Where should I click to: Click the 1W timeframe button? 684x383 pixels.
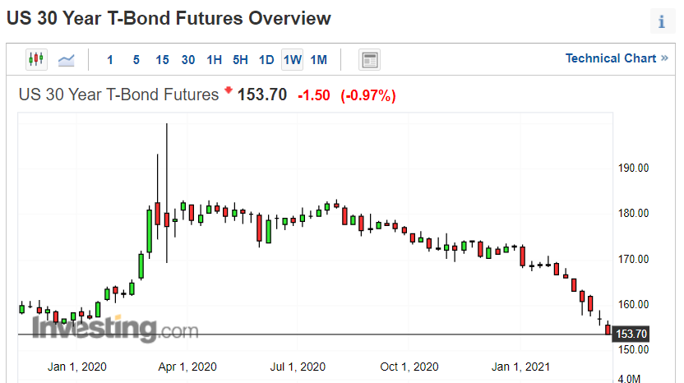[293, 60]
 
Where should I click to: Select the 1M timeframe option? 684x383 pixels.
[318, 60]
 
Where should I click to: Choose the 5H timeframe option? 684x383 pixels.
[240, 60]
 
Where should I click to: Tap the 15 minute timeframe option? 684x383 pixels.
[162, 60]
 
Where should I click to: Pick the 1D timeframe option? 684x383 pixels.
[266, 60]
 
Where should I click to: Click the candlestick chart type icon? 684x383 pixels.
[36, 59]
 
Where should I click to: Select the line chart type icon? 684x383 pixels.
[67, 60]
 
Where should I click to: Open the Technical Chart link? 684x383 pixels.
[617, 58]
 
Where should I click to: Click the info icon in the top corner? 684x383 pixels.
[662, 21]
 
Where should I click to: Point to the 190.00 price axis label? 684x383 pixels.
[633, 168]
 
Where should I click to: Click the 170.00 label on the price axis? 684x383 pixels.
[633, 259]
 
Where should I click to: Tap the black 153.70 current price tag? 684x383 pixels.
[631, 335]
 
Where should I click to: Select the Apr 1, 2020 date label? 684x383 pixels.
[187, 367]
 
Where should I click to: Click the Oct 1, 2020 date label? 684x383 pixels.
[409, 367]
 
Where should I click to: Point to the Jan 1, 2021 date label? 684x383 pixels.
[520, 367]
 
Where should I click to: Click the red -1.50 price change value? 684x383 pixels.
[314, 95]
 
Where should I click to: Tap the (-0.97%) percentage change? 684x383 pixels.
[368, 95]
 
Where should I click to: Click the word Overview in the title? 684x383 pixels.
[289, 19]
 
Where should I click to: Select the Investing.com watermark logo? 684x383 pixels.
[116, 328]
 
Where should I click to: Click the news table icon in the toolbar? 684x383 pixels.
[369, 60]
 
